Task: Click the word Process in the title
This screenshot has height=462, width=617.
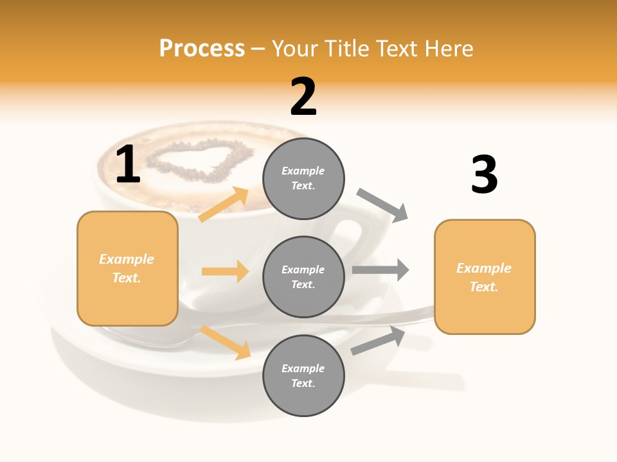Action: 202,48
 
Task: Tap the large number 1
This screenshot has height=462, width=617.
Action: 128,165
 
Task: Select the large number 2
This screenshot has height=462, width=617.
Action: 303,97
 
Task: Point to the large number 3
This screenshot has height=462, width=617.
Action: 484,175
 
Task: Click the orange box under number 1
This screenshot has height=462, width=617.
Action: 127,268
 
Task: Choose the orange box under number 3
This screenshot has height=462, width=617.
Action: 485,277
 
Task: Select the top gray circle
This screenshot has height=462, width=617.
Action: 303,178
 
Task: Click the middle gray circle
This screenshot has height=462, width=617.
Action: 303,277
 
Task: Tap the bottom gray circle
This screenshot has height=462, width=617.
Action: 303,375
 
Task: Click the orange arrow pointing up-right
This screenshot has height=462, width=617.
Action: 224,205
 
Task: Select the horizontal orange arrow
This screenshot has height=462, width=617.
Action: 225,271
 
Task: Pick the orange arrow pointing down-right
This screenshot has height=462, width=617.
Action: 225,342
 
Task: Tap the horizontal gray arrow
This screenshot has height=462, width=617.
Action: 380,269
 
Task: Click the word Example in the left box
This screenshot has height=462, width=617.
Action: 127,259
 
